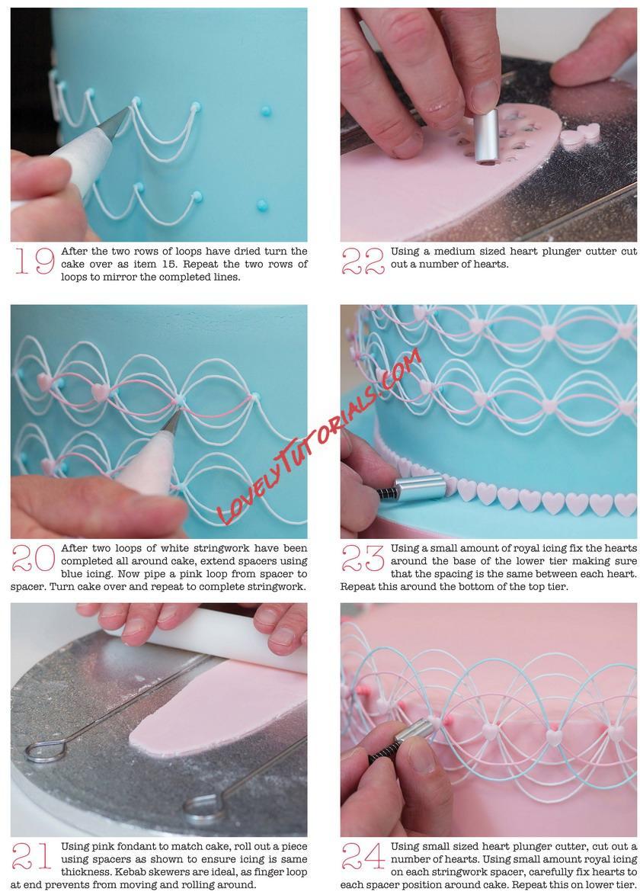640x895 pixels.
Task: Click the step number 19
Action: click(x=34, y=261)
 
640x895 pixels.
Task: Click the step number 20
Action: click(x=33, y=558)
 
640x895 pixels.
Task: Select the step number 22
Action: click(x=363, y=261)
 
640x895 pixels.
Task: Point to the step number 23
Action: click(x=363, y=558)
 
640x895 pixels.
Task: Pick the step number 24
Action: click(x=363, y=856)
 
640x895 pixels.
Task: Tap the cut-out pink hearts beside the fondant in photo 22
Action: click(x=580, y=135)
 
